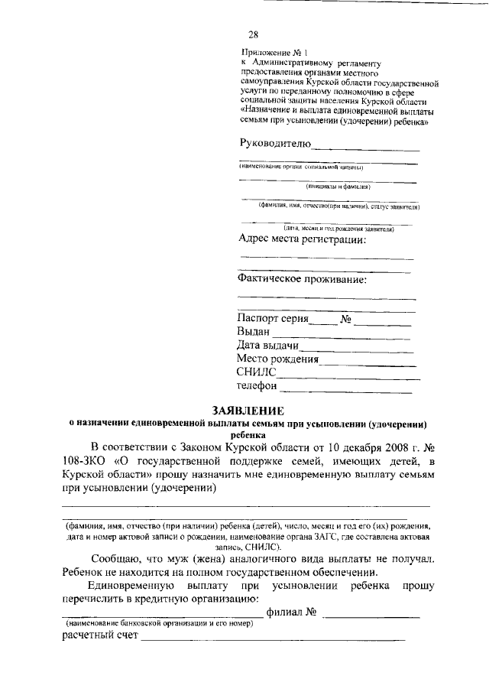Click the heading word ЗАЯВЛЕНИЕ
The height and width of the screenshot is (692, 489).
click(244, 411)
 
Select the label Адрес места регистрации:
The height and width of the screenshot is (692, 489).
click(302, 239)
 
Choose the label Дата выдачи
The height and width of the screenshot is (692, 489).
click(267, 346)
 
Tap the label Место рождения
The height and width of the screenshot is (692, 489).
click(277, 359)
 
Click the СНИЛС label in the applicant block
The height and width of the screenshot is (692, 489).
click(256, 373)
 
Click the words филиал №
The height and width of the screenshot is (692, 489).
click(291, 612)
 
